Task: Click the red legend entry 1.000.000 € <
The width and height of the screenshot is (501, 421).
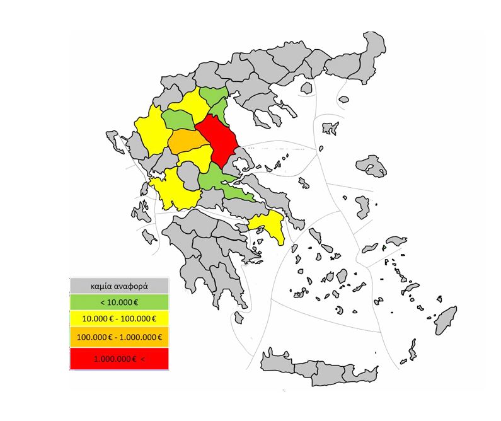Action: coord(119,359)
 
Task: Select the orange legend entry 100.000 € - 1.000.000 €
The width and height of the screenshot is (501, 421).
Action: coord(119,337)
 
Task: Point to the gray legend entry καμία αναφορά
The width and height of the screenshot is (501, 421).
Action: coord(119,285)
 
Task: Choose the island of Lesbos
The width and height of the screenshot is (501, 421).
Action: coord(371,165)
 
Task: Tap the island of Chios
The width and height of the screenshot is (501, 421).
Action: coord(362,206)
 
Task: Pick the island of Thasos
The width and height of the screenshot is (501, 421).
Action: coord(343,100)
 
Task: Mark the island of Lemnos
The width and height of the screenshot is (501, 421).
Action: coord(330,129)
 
